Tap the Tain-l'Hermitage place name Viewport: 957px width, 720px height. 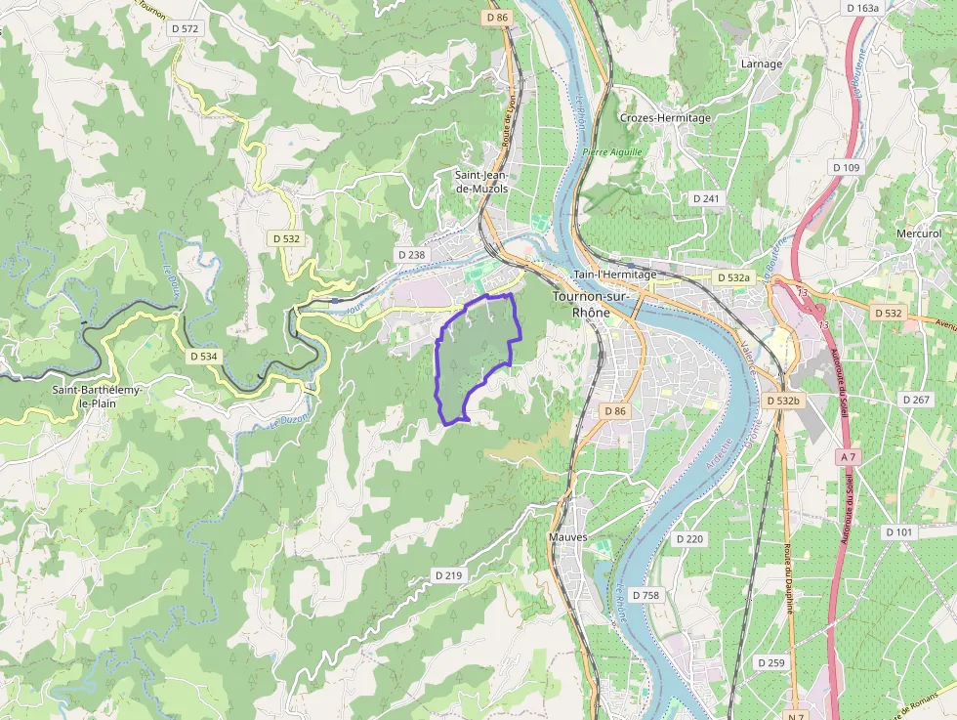(x=615, y=275)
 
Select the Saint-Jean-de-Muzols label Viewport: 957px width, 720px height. (x=481, y=182)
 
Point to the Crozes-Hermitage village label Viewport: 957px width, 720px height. (x=665, y=118)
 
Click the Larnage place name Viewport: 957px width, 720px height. (x=762, y=64)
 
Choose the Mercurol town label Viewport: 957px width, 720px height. (x=920, y=233)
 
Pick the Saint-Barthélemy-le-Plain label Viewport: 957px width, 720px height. (x=98, y=397)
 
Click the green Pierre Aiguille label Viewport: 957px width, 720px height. (x=612, y=152)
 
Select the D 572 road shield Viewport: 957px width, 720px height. (x=185, y=29)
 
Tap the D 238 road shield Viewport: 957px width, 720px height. (x=412, y=255)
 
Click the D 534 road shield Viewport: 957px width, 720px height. (x=203, y=357)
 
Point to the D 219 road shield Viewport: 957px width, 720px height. (x=447, y=575)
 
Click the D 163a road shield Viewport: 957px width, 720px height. (x=863, y=8)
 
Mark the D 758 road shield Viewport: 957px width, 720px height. (x=645, y=595)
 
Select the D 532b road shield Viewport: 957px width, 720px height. (x=783, y=402)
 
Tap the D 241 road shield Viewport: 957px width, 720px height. (x=705, y=198)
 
